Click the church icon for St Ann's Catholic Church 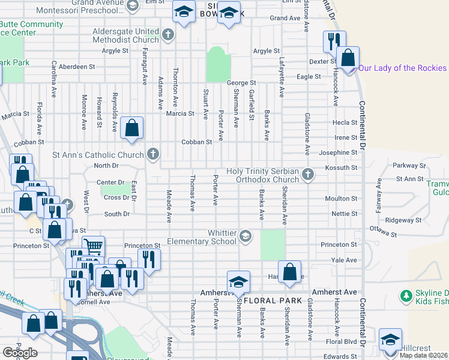(x=153, y=155)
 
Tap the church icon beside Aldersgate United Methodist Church (x=168, y=34)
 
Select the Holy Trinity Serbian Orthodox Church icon (x=308, y=175)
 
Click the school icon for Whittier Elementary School (x=245, y=236)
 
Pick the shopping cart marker (x=93, y=245)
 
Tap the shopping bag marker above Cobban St (x=131, y=127)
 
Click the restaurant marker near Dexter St (x=333, y=41)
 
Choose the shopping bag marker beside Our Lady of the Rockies (x=348, y=58)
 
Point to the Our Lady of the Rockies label (x=403, y=68)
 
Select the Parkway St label (x=408, y=165)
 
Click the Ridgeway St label (x=400, y=220)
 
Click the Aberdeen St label (x=70, y=67)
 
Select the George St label (x=241, y=82)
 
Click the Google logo (x=20, y=353)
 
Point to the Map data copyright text (x=424, y=355)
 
